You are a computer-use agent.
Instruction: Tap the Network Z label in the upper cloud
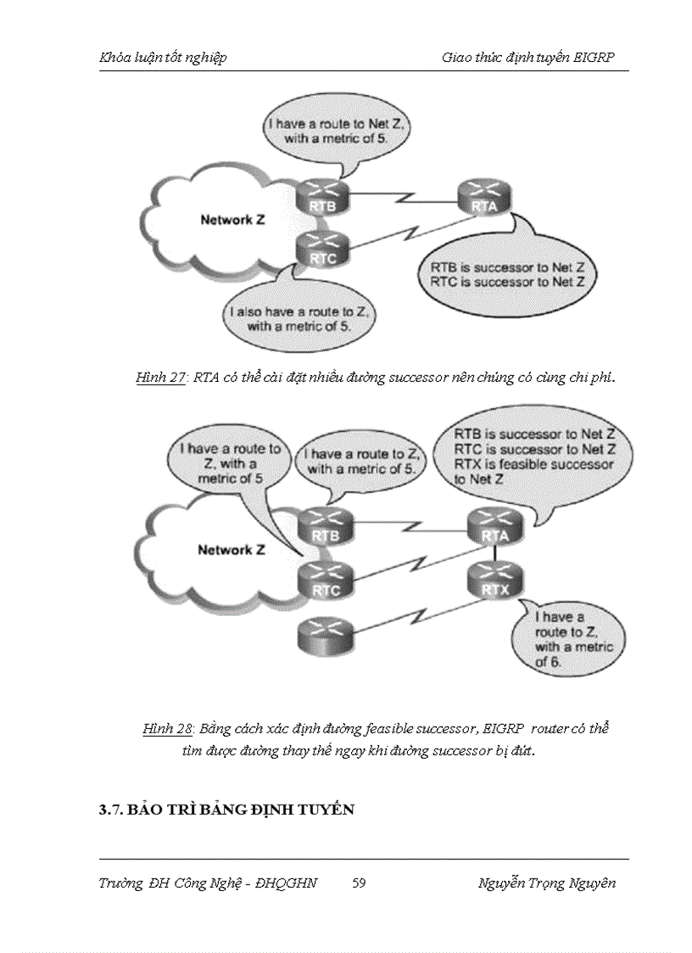pos(232,220)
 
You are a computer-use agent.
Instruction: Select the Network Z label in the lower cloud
pos(231,550)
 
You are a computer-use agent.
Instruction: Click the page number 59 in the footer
pos(359,883)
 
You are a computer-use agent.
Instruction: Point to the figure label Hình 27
pos(160,378)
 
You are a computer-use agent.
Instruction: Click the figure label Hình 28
pos(169,729)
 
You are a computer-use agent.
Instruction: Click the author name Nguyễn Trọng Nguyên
pos(547,883)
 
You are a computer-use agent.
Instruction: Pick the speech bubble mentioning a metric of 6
pos(567,639)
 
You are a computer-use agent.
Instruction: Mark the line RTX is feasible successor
pos(534,465)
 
